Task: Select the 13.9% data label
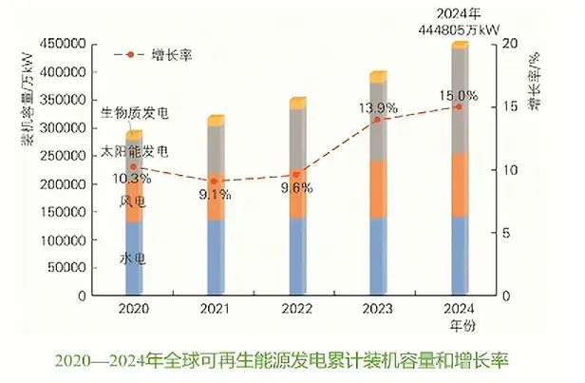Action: coord(381,106)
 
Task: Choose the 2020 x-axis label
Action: coord(134,309)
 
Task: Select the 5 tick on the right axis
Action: coord(507,234)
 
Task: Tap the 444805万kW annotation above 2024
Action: coord(460,29)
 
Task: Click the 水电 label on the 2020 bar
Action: coord(133,259)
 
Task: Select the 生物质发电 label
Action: coord(134,112)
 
